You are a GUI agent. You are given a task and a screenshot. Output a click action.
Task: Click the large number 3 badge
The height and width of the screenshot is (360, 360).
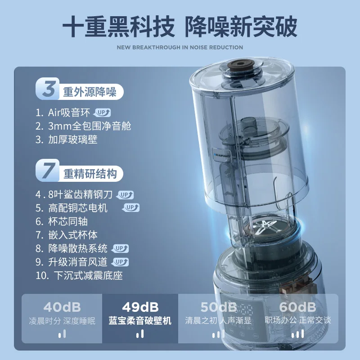pyautogui.click(x=48, y=88)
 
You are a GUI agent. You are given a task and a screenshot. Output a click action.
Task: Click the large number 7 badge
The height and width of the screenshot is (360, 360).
pyautogui.click(x=48, y=170)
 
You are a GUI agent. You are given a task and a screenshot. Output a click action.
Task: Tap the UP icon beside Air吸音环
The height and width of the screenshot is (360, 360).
pyautogui.click(x=102, y=113)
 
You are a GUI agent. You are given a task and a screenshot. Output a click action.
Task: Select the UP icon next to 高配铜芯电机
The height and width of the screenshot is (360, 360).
pyautogui.click(x=131, y=207)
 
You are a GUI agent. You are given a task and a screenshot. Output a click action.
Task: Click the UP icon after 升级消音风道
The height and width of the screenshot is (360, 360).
pyautogui.click(x=120, y=262)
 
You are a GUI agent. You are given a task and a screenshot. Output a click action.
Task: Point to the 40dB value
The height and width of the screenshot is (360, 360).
pyautogui.click(x=62, y=307)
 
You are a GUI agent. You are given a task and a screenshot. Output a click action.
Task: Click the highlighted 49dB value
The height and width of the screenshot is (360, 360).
pyautogui.click(x=140, y=307)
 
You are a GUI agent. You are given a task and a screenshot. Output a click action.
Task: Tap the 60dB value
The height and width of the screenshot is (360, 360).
pyautogui.click(x=297, y=307)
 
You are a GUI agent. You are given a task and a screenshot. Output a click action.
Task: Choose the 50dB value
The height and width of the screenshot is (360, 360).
pyautogui.click(x=219, y=307)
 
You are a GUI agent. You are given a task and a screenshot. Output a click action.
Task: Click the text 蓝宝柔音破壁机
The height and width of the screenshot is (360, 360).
pyautogui.click(x=140, y=320)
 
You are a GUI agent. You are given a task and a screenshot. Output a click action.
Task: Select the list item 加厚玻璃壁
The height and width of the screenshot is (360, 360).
pyautogui.click(x=73, y=139)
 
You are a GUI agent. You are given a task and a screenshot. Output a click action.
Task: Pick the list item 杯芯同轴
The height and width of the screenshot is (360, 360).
pyautogui.click(x=68, y=221)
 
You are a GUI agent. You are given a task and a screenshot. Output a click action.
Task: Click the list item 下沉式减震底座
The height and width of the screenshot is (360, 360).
pyautogui.click(x=88, y=275)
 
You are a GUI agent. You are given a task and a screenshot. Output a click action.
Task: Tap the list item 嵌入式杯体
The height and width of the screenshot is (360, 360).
pyautogui.click(x=73, y=235)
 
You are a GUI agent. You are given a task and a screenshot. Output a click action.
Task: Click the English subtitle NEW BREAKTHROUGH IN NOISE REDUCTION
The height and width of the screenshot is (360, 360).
pyautogui.click(x=180, y=47)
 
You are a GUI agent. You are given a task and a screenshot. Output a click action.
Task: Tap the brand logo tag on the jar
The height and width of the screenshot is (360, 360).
pyautogui.click(x=221, y=155)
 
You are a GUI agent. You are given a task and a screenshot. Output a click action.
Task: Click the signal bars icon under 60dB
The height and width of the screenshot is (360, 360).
pyautogui.click(x=297, y=334)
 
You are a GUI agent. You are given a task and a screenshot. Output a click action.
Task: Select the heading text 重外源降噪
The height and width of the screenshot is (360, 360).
pyautogui.click(x=90, y=92)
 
